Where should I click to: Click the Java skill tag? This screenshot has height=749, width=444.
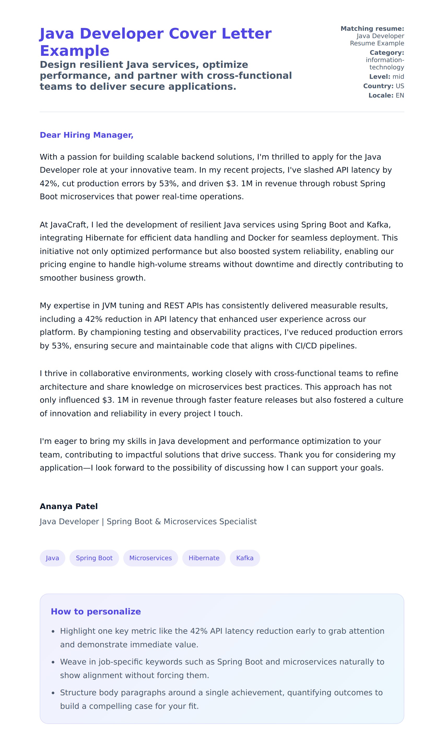(52, 558)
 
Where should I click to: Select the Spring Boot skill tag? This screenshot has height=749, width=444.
(94, 558)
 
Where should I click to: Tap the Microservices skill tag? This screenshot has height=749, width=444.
(150, 558)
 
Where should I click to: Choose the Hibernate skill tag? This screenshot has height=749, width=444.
(204, 558)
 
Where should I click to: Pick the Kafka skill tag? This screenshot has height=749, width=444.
(245, 558)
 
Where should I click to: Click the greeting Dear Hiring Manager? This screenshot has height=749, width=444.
(86, 135)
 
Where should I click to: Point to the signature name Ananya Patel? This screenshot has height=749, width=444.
(68, 506)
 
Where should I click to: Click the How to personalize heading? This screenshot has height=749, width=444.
(96, 612)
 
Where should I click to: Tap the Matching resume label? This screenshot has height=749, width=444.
(372, 29)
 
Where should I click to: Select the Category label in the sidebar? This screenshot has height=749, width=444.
(387, 53)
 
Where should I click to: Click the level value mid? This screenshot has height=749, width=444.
(398, 76)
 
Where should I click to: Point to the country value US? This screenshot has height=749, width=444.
(400, 86)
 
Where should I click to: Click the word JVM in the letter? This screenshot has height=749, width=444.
(109, 306)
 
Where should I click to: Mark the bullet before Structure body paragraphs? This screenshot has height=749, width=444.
(53, 693)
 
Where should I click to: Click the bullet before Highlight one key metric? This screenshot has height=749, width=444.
(53, 632)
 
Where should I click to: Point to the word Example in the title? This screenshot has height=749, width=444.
(74, 51)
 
